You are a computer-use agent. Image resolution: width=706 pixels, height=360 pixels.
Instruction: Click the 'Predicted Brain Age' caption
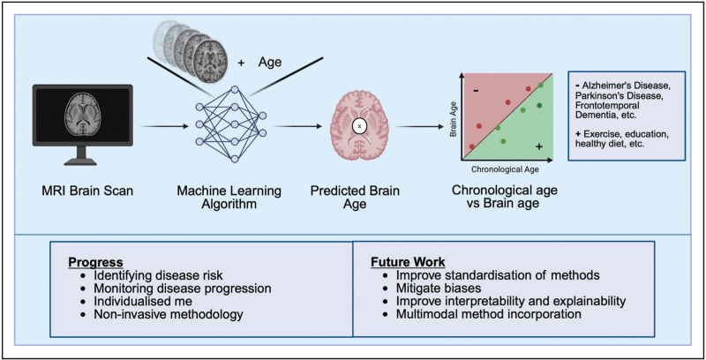point(361,197)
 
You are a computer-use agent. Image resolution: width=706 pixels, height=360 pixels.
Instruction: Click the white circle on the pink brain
point(361,127)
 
